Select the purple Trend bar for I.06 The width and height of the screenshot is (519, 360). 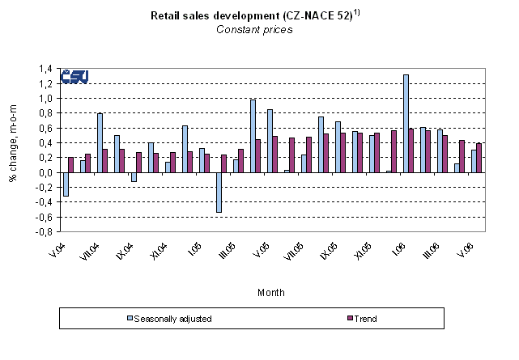tap(412, 150)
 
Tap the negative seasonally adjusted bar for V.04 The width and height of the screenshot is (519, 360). tap(66, 184)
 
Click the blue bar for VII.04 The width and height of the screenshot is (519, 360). tap(100, 142)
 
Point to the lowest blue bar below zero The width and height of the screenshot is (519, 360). tap(219, 192)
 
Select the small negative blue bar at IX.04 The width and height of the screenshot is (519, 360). tap(134, 176)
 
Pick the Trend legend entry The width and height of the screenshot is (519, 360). tap(364, 319)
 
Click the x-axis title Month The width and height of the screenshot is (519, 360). tap(271, 293)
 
